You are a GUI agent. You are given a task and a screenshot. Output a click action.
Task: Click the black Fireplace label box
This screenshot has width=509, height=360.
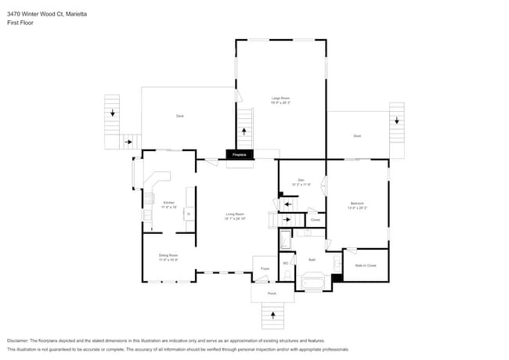240,155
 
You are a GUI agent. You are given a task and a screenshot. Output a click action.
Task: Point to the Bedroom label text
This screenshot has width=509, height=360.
357,205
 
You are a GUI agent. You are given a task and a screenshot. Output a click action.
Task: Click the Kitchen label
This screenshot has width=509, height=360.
168,204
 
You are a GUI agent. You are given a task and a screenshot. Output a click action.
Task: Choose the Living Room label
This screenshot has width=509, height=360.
236,216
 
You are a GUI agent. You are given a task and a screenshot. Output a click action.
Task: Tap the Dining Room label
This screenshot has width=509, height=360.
168,257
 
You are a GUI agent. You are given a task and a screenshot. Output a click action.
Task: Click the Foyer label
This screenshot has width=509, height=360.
265,268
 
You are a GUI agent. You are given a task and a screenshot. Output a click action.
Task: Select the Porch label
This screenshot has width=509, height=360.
272,294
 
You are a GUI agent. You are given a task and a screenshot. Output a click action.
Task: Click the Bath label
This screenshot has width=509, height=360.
312,259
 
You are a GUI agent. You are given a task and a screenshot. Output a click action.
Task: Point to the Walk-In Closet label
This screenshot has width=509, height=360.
366,265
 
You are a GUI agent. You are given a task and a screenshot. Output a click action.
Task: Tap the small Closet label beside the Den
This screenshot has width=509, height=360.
316,220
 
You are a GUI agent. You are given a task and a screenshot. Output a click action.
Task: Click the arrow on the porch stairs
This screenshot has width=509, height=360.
273,315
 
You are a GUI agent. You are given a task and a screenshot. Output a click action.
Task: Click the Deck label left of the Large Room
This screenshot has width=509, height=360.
179,116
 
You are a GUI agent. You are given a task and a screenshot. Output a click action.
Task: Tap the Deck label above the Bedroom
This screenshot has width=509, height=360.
357,135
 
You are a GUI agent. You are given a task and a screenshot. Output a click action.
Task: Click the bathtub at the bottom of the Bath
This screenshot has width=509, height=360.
316,283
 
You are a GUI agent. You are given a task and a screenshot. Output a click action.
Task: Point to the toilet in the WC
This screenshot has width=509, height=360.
286,274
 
